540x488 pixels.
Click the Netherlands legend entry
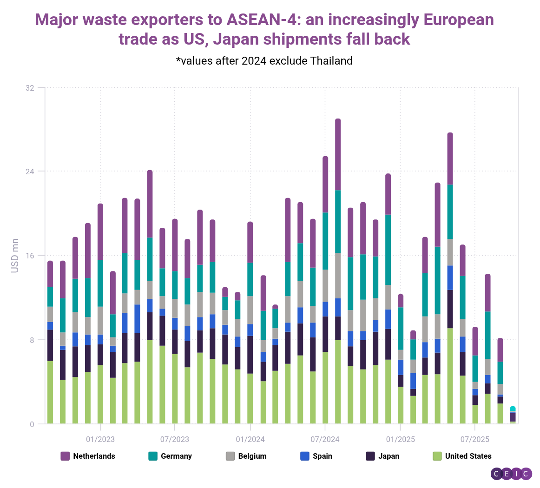point(88,456)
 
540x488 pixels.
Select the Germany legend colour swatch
point(153,456)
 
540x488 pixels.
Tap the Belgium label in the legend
point(252,456)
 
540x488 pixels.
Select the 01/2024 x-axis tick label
point(250,439)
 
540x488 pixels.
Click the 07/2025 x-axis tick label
point(474,439)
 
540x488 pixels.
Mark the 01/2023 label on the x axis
point(100,439)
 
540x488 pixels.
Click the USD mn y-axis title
point(15,256)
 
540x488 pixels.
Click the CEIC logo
point(511,474)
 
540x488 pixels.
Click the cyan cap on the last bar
point(513,409)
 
